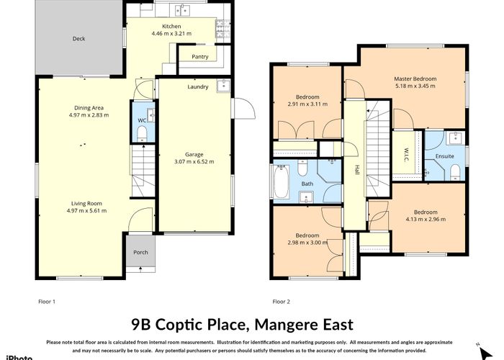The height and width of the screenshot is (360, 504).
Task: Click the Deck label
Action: pos(79,39)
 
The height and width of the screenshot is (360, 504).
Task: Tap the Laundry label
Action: pos(198,87)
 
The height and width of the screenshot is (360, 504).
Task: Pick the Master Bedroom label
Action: pos(415,78)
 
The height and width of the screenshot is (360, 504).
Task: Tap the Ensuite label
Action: pos(444,156)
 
